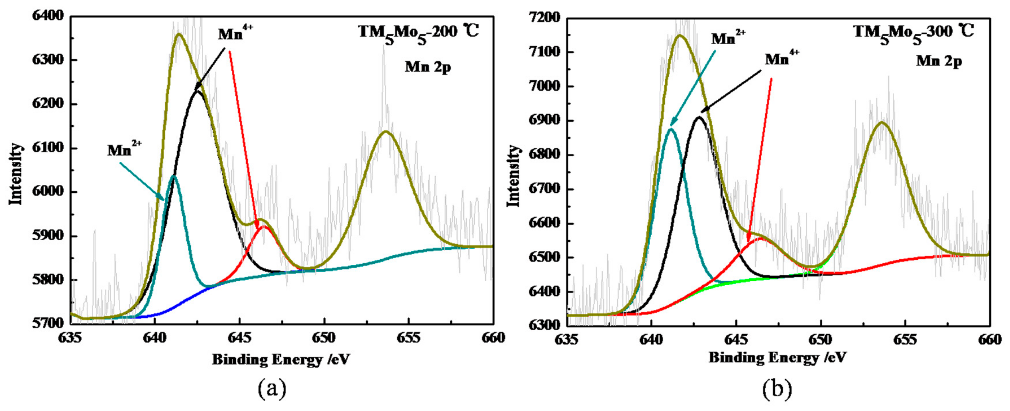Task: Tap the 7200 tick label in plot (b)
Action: point(545,18)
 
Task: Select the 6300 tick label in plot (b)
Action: point(545,325)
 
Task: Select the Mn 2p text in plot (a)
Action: point(428,67)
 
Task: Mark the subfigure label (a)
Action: point(272,389)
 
